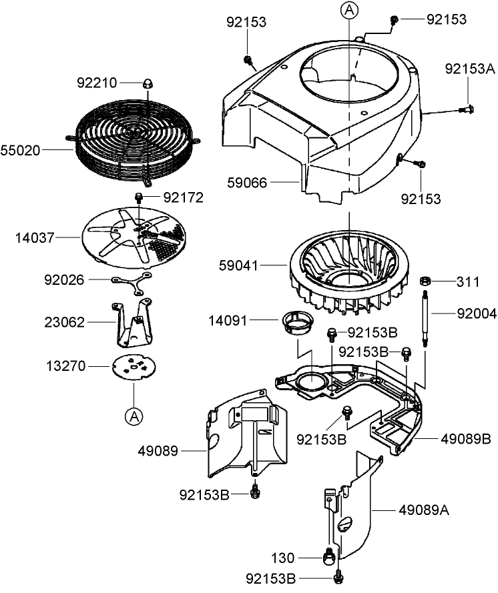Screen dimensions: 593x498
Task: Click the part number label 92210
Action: pos(97,83)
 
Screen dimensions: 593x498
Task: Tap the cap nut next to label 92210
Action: pos(146,83)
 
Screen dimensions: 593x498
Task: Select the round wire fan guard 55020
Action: pos(134,140)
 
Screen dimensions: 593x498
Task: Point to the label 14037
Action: pos(35,237)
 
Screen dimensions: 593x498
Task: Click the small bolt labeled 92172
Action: pos(140,197)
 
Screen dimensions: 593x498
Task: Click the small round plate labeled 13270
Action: pos(133,366)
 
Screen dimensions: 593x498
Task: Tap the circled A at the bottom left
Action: pos(134,416)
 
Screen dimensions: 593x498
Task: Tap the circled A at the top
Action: pos(348,10)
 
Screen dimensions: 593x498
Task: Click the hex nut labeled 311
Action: pos(424,281)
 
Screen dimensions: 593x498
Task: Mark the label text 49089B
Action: pos(466,439)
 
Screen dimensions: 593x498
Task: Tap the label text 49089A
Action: pos(424,510)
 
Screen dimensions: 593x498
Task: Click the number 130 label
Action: pos(282,557)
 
